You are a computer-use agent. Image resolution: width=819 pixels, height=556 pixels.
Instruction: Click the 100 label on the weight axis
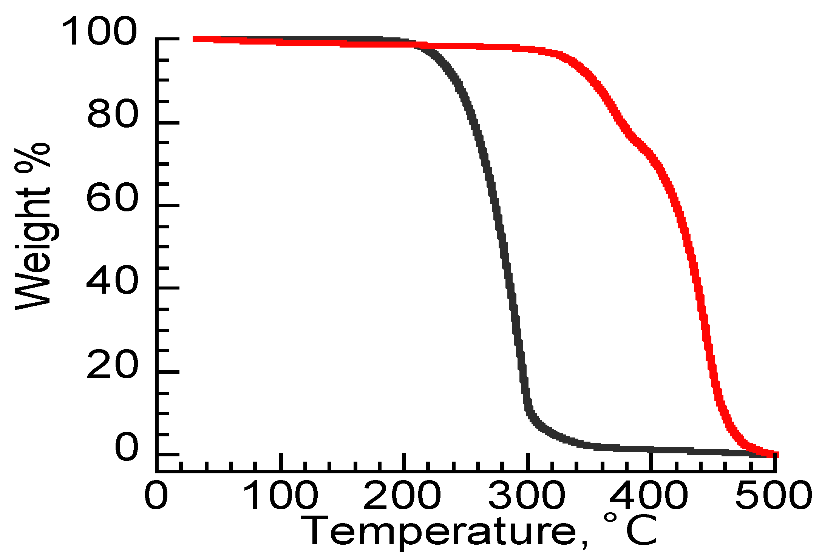[99, 31]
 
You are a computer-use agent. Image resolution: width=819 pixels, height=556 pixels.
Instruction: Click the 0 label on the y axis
[127, 447]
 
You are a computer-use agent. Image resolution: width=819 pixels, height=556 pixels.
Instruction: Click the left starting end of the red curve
[195, 39]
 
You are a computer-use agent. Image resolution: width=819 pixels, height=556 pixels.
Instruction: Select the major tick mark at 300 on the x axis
[528, 462]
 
